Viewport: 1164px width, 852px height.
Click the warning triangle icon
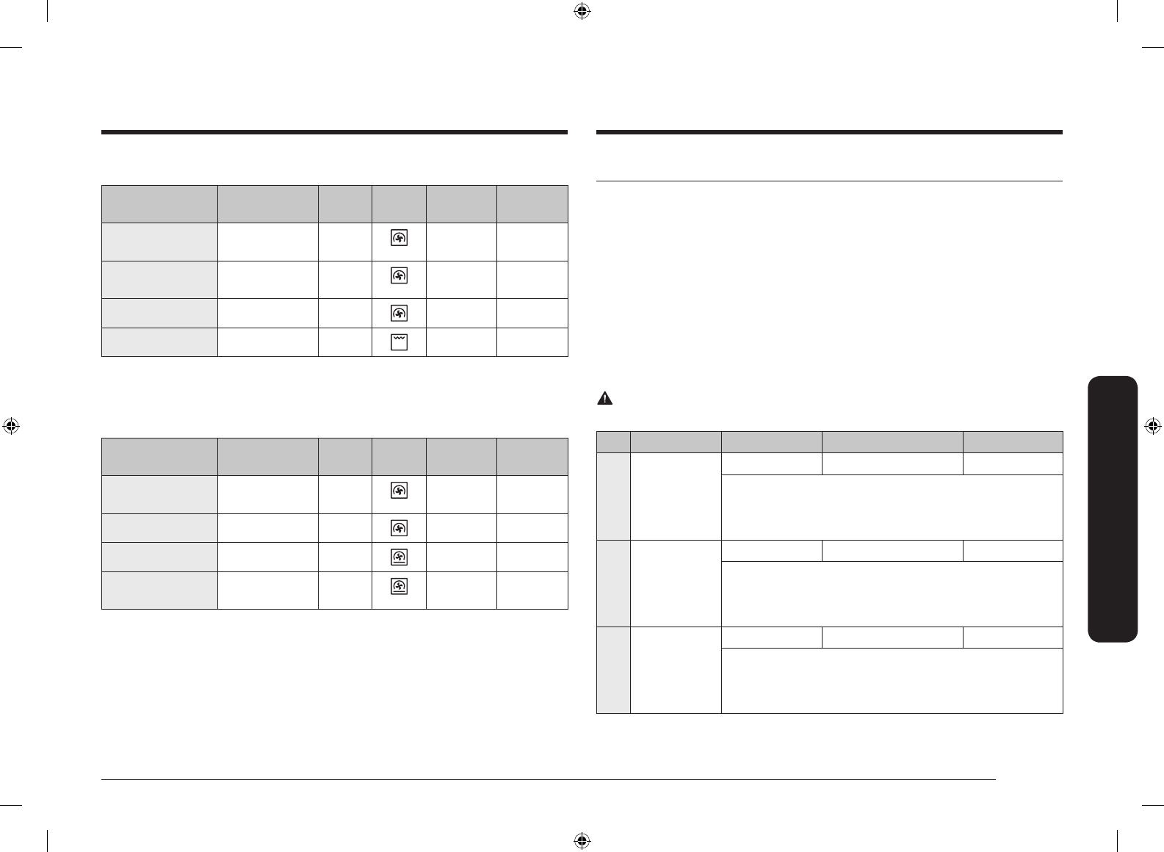(604, 399)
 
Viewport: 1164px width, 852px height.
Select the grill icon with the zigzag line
(399, 342)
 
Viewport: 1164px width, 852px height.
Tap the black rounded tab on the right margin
(1114, 509)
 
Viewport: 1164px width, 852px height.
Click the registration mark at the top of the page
(582, 11)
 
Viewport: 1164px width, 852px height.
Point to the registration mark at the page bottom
(582, 840)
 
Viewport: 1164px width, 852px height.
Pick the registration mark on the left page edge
(11, 426)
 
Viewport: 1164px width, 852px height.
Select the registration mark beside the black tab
(1152, 426)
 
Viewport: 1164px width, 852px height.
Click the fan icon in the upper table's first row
(399, 238)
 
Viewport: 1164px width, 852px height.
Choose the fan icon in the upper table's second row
(399, 276)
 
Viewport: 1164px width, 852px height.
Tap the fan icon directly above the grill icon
(399, 314)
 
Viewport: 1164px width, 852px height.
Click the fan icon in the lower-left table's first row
(399, 491)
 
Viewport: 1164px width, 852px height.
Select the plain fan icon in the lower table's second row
(399, 528)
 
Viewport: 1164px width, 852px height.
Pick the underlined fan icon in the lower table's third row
(399, 557)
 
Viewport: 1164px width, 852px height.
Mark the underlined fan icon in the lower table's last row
(399, 587)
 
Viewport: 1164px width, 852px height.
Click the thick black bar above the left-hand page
(334, 133)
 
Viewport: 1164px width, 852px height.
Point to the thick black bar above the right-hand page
(829, 133)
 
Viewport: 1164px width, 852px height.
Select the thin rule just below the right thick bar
(829, 181)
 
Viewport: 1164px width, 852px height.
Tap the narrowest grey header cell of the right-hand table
(613, 442)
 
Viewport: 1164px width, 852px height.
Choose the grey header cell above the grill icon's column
(399, 204)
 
